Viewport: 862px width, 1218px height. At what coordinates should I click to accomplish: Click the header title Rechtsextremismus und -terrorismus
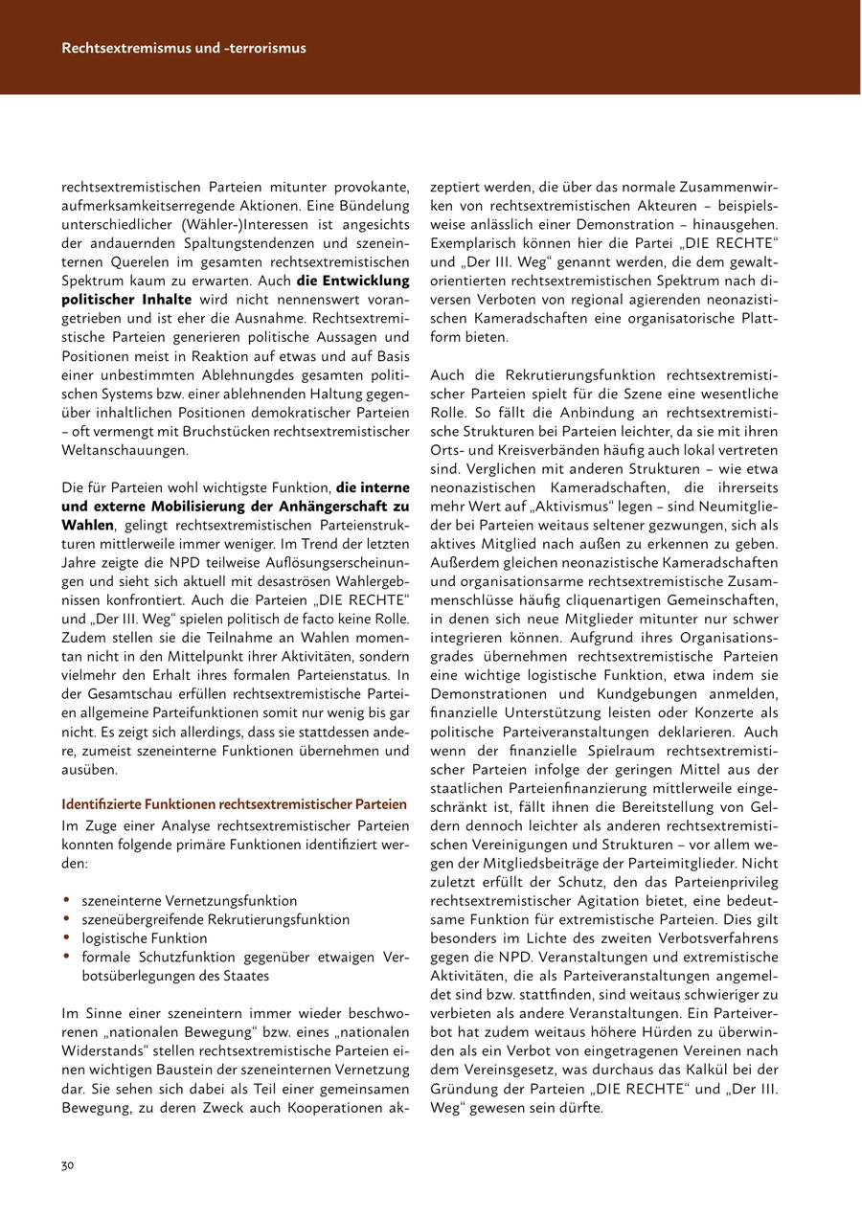click(x=184, y=48)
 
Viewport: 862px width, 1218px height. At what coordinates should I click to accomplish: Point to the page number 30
click(x=68, y=1165)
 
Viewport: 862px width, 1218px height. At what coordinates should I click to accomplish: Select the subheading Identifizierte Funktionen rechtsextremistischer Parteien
click(x=235, y=804)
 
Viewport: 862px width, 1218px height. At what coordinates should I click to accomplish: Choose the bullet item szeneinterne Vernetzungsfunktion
click(x=190, y=901)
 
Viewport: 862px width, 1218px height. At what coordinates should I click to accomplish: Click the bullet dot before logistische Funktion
click(x=66, y=937)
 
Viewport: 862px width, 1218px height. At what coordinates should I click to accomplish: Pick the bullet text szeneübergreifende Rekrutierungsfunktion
click(x=215, y=919)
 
